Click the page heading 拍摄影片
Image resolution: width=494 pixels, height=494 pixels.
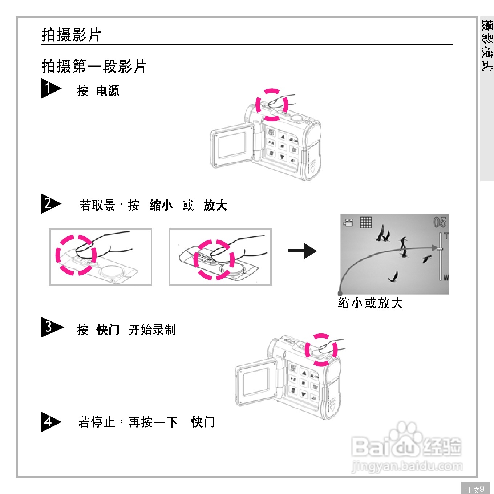click(71, 35)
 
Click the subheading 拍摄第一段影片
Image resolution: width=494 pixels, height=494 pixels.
click(94, 66)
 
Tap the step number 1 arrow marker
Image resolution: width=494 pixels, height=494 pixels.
click(50, 88)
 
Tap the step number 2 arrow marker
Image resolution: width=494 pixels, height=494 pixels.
click(50, 203)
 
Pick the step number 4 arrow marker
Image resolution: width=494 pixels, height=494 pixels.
click(50, 422)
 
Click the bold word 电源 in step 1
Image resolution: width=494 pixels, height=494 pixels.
click(108, 91)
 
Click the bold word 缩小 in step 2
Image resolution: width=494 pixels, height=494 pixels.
click(161, 205)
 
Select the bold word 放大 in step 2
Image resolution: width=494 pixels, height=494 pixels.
click(215, 205)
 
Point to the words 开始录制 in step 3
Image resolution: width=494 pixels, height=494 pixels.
click(152, 330)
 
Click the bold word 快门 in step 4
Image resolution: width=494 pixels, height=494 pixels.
click(203, 422)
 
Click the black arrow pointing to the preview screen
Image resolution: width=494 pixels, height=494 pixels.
click(302, 251)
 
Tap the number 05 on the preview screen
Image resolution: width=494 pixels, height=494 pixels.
click(440, 222)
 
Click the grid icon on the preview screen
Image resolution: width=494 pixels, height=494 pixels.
click(366, 222)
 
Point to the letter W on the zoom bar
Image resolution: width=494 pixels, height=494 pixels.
click(446, 278)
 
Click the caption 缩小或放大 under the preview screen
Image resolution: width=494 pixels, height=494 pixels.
click(370, 303)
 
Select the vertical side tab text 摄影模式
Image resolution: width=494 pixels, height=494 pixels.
click(487, 45)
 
